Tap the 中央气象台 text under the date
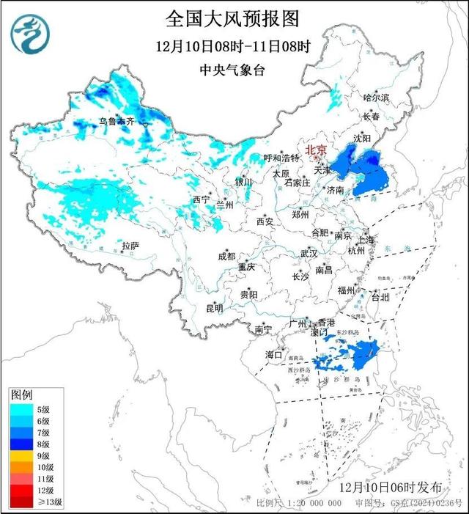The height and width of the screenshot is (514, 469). coord(233,71)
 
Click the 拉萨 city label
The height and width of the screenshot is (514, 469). coord(130,246)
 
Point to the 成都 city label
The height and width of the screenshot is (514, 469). coord(226,256)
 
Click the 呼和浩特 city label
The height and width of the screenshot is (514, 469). coord(282,158)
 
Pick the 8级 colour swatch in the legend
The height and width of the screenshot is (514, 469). coord(21,444)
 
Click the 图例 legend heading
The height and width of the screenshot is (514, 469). coord(22,395)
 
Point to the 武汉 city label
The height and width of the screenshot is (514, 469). coord(308,253)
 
